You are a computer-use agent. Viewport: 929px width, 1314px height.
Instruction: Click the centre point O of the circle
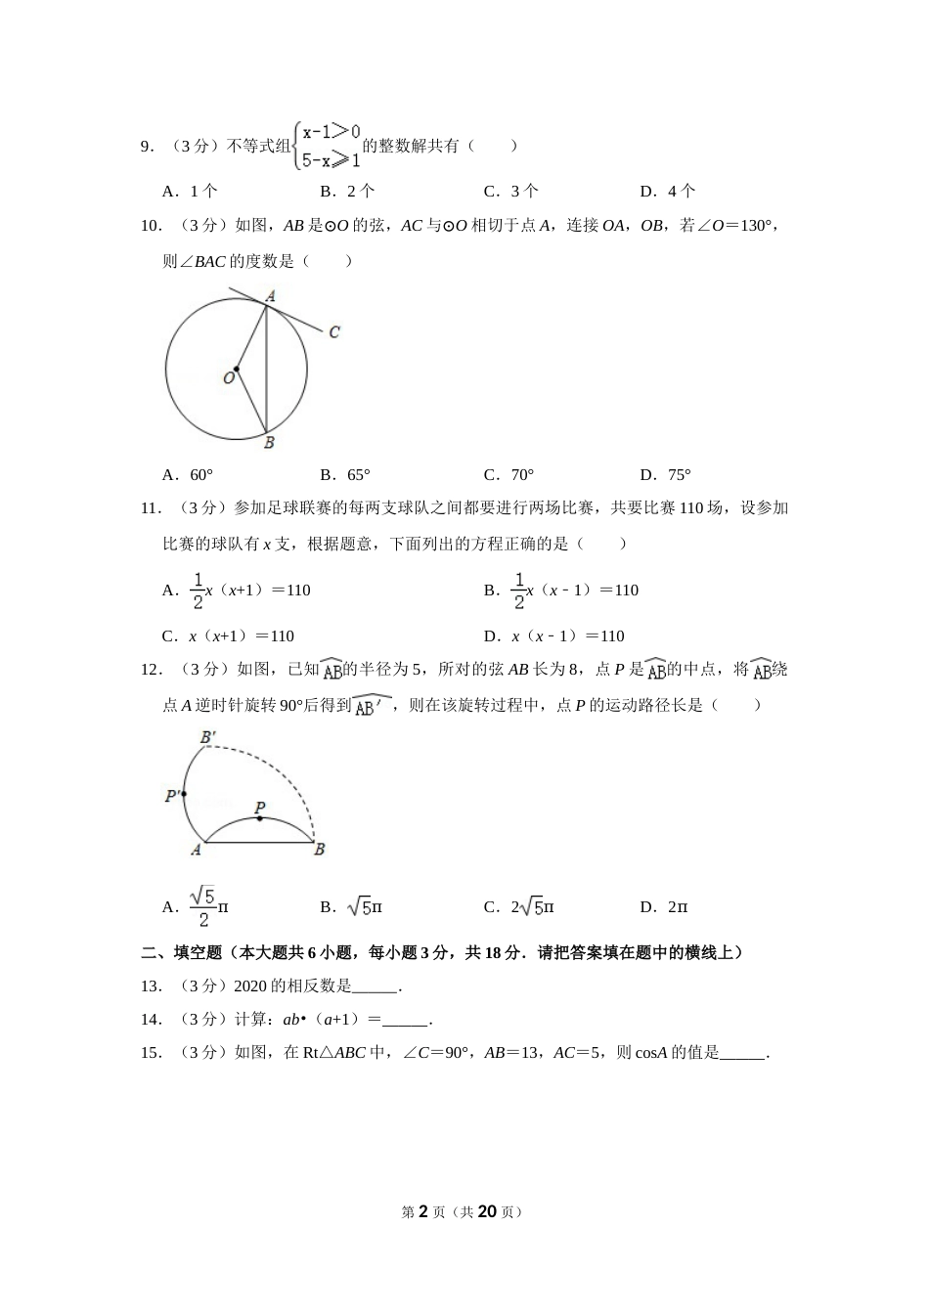237,369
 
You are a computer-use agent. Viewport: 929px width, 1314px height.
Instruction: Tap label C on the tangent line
334,332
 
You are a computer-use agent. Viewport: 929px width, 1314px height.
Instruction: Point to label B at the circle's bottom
269,443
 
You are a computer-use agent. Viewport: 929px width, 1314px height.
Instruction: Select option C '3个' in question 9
510,192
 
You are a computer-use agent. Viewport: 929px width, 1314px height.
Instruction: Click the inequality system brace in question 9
296,146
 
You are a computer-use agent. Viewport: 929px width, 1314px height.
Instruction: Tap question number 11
151,508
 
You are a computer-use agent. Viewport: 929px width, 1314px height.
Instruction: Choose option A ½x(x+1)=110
237,591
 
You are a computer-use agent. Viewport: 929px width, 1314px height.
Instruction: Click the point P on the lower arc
259,818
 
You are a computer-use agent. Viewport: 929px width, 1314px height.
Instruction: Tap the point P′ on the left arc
183,794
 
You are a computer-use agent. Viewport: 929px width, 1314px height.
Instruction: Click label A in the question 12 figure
196,850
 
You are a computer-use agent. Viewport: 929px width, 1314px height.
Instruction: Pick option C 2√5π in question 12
519,907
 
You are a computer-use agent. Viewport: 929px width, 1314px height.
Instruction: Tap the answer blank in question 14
405,1021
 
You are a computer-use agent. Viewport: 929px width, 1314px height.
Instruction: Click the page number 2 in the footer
423,1211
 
